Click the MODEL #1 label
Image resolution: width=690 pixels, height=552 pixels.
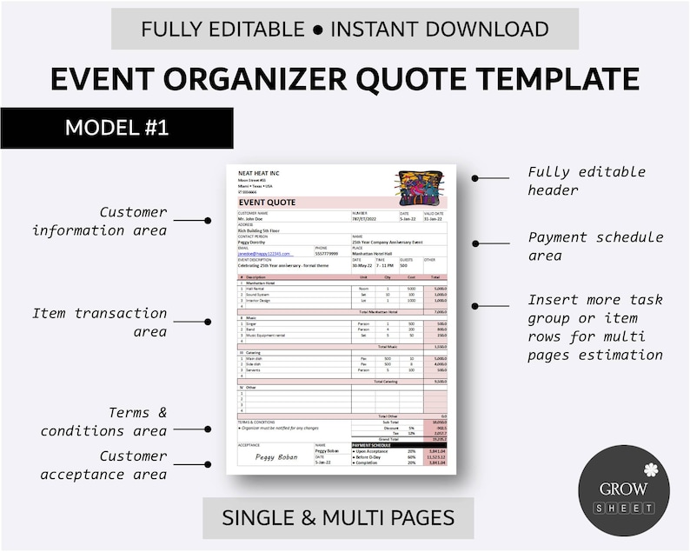tap(116, 128)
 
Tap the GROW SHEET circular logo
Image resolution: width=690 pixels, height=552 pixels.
tap(624, 490)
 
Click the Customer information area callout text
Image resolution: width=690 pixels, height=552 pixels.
tap(99, 221)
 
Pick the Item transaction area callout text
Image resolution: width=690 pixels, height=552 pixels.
tap(99, 322)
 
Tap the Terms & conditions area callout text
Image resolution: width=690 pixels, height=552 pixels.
tap(103, 422)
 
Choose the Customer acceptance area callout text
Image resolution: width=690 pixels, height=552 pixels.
tap(103, 464)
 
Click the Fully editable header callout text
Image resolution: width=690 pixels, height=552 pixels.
tap(587, 180)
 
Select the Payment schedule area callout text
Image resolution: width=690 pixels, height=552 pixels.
tap(595, 246)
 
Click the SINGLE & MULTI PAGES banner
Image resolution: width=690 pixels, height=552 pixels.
tap(338, 518)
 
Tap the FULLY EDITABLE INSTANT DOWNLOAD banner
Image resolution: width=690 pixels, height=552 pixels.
tap(345, 29)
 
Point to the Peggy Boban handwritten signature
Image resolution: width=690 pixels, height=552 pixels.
tap(276, 456)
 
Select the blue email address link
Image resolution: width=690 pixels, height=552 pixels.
tap(264, 254)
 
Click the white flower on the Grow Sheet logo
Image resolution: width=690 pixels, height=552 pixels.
tap(651, 470)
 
